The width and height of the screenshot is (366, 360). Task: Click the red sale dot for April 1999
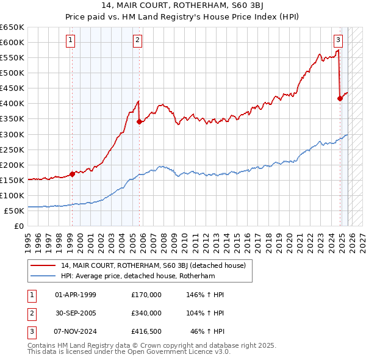72,174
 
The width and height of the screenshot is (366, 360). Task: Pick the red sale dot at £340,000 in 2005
140,121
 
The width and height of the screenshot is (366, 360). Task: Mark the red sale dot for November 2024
340,98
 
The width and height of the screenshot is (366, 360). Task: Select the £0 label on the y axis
19,226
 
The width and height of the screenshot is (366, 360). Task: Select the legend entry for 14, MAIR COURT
152,265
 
